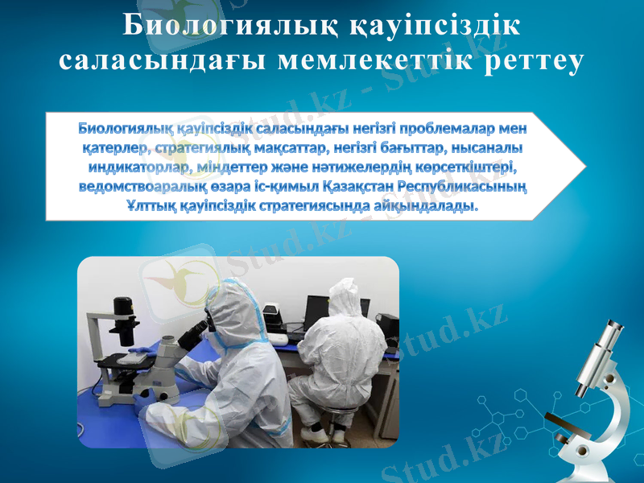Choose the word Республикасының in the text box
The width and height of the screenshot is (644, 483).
point(469,187)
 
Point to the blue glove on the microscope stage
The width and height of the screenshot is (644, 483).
point(138,351)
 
